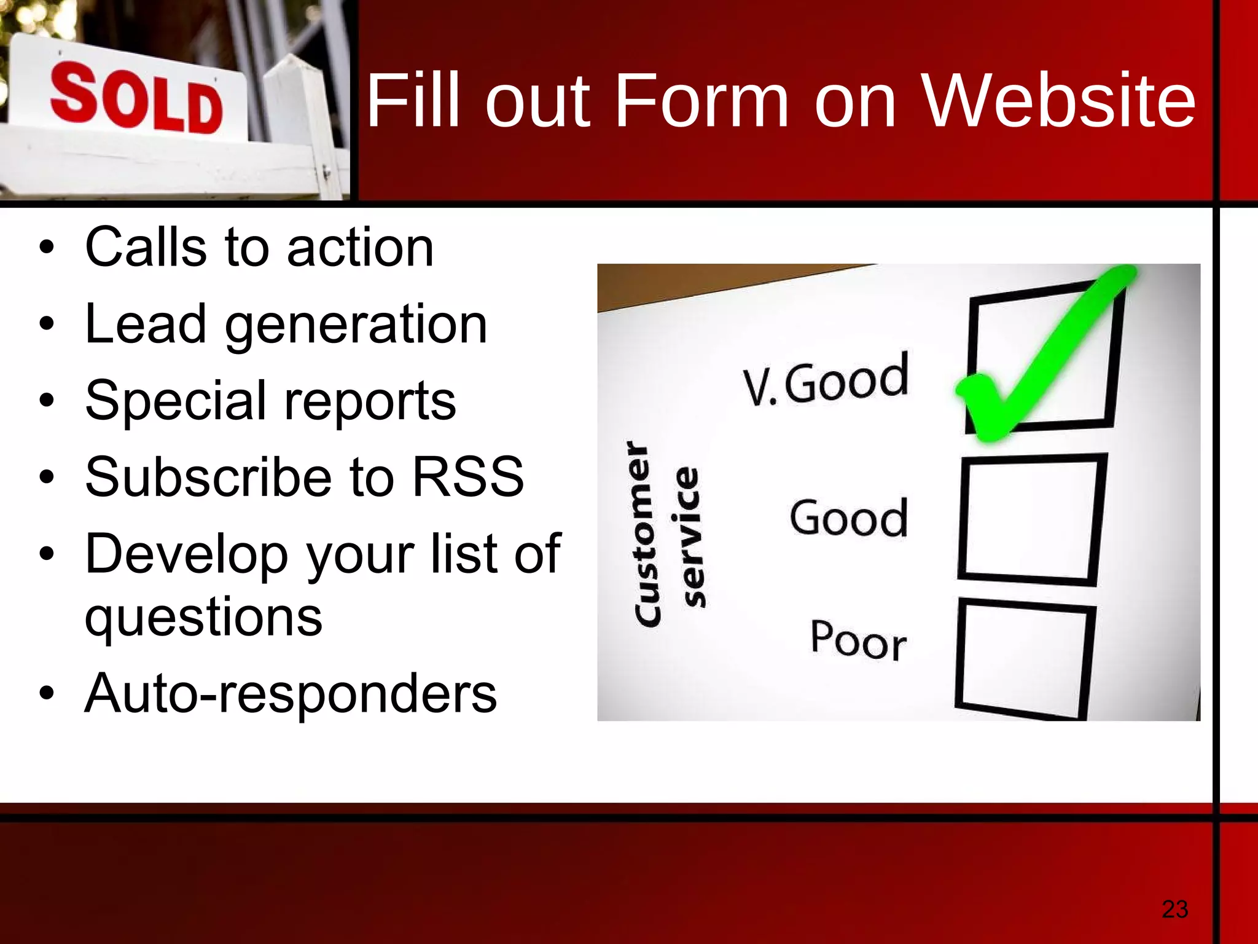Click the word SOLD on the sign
(x=136, y=98)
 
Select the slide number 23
(x=1174, y=909)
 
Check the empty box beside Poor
(x=1025, y=658)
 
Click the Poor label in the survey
(x=858, y=640)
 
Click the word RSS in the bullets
(x=467, y=478)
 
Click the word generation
(x=356, y=326)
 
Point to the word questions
(x=203, y=617)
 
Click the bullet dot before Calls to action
(x=47, y=248)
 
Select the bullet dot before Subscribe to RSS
(x=47, y=478)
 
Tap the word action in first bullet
(x=361, y=248)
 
